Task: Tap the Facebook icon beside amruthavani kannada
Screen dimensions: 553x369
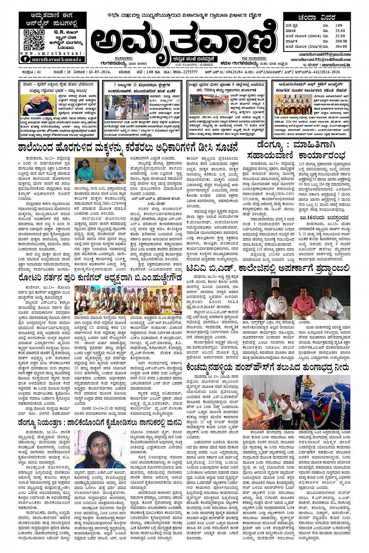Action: tap(26, 59)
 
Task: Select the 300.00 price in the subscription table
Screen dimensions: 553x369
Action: tap(340, 41)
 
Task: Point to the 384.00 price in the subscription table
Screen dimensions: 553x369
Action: tap(340, 46)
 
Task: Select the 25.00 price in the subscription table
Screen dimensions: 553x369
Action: tap(340, 30)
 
